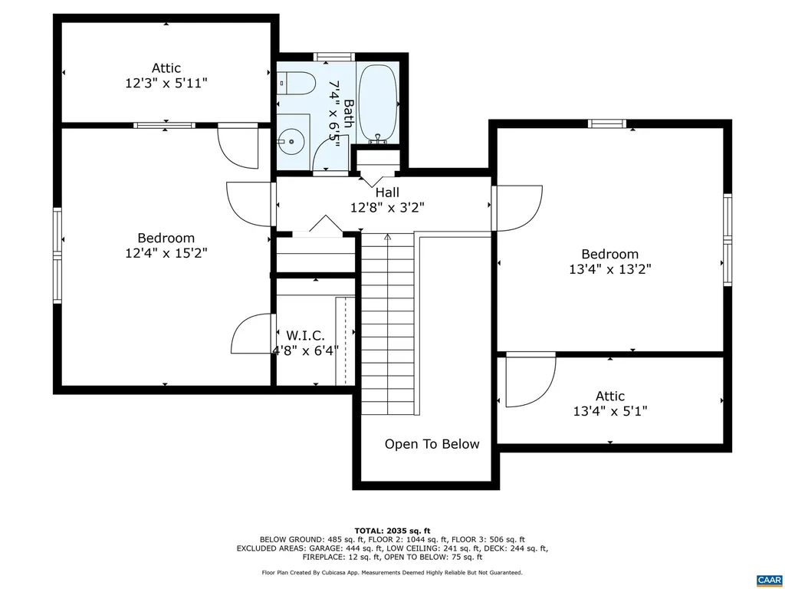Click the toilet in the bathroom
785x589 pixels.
click(295, 82)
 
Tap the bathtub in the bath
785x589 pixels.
click(377, 104)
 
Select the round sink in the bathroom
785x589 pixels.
click(290, 140)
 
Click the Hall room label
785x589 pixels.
click(386, 192)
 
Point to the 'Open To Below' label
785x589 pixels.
click(432, 444)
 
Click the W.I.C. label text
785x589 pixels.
click(305, 336)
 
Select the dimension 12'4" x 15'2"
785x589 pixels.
click(166, 253)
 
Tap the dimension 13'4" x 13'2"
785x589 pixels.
click(609, 269)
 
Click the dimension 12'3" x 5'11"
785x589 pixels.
click(166, 83)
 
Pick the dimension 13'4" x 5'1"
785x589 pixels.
click(609, 411)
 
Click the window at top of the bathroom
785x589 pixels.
click(333, 56)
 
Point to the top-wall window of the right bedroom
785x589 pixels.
click(607, 123)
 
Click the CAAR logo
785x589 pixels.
click(767, 579)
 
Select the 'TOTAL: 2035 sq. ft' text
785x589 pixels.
click(392, 531)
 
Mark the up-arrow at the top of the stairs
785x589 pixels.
click(388, 238)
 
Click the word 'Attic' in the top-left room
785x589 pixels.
click(166, 68)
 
